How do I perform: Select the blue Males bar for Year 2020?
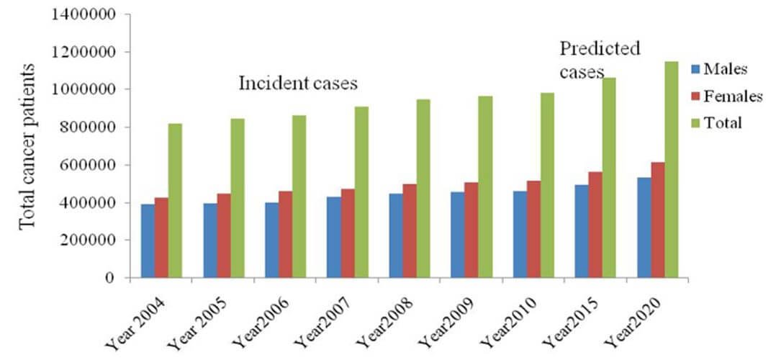[x=644, y=228]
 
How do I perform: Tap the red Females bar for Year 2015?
[x=596, y=225]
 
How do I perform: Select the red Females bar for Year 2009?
[x=471, y=230]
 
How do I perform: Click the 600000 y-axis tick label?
[x=82, y=165]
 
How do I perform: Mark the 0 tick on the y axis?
[x=108, y=278]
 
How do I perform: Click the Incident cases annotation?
[x=298, y=84]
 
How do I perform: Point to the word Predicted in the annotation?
[x=600, y=50]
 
